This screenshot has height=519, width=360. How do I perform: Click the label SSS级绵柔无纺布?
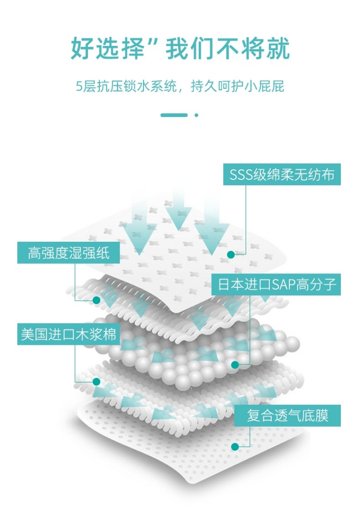click(282, 175)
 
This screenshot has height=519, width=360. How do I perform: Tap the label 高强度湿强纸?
click(69, 253)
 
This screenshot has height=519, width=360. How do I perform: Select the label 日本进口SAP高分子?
click(276, 285)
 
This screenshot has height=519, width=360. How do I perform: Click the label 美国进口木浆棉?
click(69, 334)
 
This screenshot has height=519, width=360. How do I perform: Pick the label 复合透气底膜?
click(288, 415)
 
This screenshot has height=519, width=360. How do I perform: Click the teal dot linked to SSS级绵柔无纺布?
click(231, 255)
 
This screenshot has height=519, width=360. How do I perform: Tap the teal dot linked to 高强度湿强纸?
click(96, 300)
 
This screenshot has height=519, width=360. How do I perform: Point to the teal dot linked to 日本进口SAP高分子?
click(235, 365)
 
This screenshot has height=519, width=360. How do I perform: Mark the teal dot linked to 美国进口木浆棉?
click(96, 382)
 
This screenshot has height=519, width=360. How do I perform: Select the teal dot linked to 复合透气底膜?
click(235, 447)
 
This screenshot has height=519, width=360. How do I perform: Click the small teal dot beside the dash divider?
click(196, 115)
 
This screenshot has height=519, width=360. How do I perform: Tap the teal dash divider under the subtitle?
click(174, 115)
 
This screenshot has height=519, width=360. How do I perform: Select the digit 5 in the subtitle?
click(80, 86)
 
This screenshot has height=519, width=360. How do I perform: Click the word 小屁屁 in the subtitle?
click(267, 86)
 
